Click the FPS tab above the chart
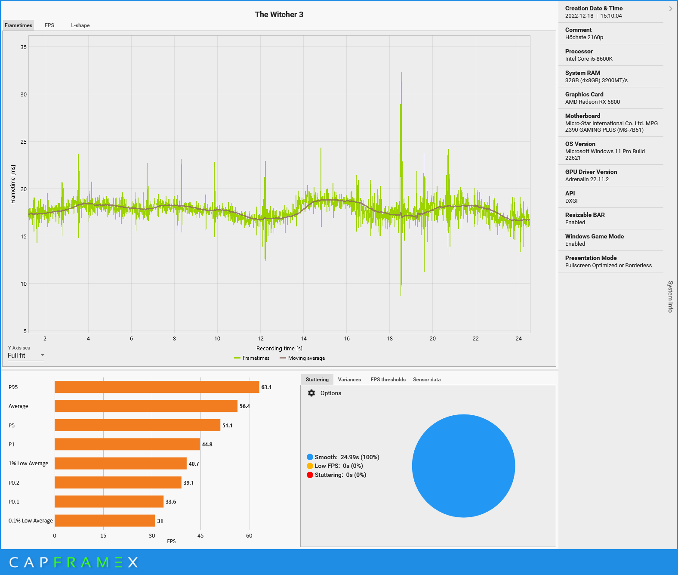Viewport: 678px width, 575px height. point(49,25)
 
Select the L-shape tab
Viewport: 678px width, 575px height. point(80,25)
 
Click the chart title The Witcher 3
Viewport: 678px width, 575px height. point(279,15)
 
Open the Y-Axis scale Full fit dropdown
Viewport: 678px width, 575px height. point(26,356)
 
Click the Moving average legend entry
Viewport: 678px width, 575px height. point(302,358)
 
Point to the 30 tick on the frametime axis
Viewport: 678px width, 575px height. point(24,95)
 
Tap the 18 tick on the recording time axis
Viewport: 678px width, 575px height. point(390,339)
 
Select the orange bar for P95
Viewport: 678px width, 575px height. point(157,387)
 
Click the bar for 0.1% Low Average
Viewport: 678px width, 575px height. point(105,521)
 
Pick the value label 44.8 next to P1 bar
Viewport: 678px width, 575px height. point(207,445)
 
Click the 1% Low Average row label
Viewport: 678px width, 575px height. point(28,464)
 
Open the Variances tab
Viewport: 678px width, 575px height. point(349,380)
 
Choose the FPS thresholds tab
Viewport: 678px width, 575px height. point(388,380)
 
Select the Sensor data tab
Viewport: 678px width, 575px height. point(427,380)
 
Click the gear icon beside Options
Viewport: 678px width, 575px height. point(311,393)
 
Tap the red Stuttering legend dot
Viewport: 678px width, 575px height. point(310,475)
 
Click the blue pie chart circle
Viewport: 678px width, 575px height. point(463,466)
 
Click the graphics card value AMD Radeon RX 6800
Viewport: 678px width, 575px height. point(592,102)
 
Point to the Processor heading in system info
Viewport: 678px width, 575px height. point(579,51)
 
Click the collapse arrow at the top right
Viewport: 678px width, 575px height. point(670,9)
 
